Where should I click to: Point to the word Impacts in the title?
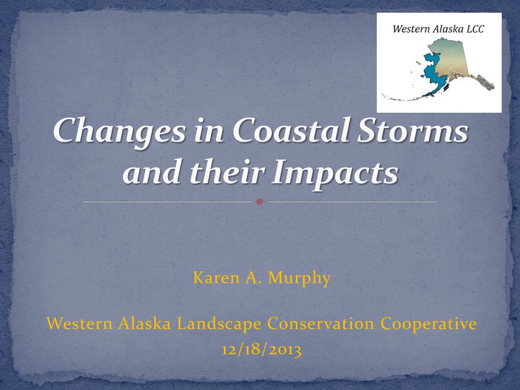335,173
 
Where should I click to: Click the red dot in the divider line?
259,202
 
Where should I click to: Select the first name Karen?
216,278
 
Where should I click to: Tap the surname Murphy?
300,278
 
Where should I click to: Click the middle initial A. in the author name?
253,278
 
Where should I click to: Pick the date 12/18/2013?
262,349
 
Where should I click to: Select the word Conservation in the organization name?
321,323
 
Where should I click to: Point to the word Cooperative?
429,323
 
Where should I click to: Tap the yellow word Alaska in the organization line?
144,323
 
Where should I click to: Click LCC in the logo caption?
475,29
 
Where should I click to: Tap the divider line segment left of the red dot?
168,202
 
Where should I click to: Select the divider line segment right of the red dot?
352,202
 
